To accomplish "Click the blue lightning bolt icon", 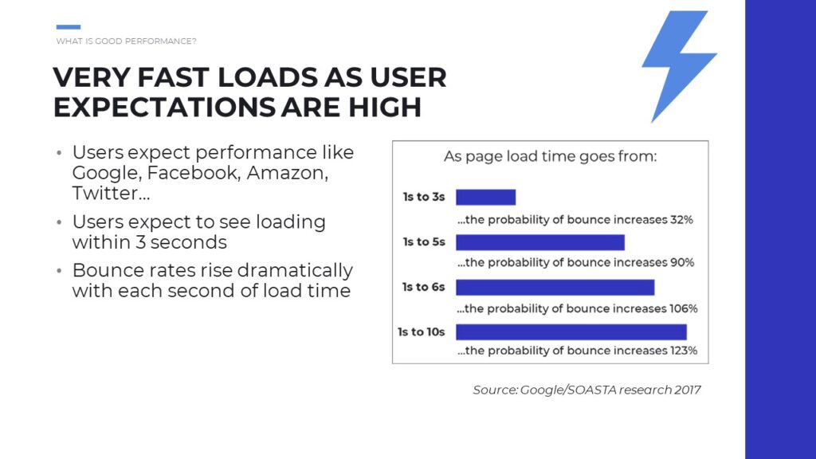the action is coord(677,62).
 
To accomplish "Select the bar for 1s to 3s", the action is coord(485,198).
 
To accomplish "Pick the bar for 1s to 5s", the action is coord(540,242).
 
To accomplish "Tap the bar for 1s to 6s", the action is coord(555,287).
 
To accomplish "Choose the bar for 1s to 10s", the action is coord(571,332).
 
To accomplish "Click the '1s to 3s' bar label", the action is coord(424,197).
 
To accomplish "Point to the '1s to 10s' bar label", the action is coord(421,331).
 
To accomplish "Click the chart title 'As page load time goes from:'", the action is coord(550,157).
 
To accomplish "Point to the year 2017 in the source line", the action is coord(688,390).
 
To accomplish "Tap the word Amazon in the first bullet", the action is coord(287,173).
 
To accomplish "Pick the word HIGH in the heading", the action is coord(385,108).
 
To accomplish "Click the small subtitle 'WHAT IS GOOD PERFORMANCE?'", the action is coord(127,41).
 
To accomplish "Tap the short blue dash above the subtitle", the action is coord(69,27).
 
